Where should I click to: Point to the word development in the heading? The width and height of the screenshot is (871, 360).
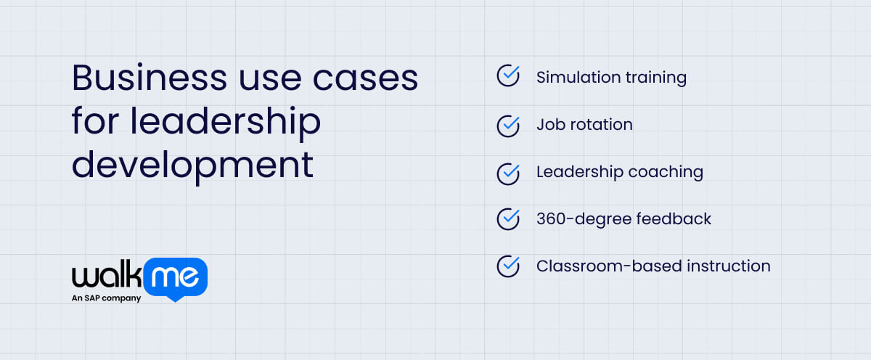click(x=192, y=165)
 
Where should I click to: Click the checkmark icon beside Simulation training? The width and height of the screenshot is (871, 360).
click(x=508, y=76)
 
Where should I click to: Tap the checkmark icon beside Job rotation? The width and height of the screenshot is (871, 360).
click(x=508, y=125)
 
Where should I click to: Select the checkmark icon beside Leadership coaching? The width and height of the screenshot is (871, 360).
click(x=508, y=172)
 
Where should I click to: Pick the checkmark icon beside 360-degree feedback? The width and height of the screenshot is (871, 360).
click(x=508, y=218)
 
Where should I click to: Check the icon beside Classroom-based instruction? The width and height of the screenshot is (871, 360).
click(x=508, y=266)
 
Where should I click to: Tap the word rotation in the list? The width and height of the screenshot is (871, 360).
click(x=601, y=124)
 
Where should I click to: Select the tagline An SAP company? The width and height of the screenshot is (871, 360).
click(x=106, y=298)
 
